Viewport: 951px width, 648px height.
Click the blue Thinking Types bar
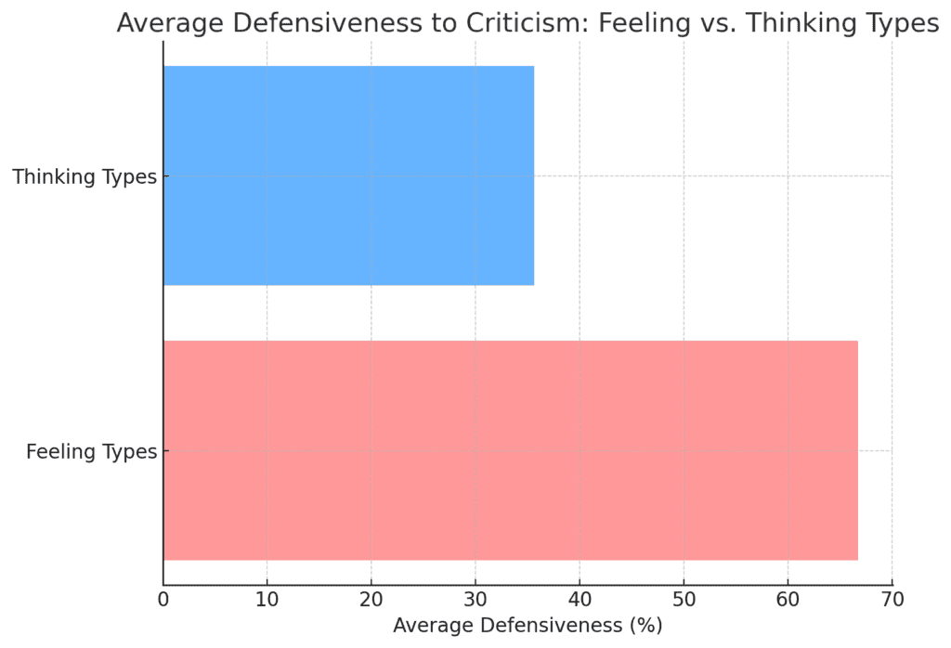tap(348, 175)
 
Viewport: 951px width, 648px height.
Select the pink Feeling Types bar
tap(510, 450)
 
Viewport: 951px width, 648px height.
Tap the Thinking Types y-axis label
tap(85, 176)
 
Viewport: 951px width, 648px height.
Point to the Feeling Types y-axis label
tap(91, 452)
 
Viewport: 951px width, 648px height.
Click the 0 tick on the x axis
tap(163, 600)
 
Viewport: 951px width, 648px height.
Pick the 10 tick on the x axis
tap(267, 600)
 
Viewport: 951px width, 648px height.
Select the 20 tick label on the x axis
tap(371, 600)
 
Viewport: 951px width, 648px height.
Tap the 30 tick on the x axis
tap(475, 600)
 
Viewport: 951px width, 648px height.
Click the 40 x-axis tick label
tap(580, 600)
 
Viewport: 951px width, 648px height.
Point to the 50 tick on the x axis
tap(684, 600)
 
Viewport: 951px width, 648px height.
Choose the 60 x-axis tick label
tap(788, 600)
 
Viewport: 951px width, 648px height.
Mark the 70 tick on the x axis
tap(892, 600)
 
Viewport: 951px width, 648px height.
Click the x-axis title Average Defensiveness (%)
tap(528, 626)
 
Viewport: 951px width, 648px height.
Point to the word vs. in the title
tap(713, 23)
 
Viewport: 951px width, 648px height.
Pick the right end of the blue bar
tap(533, 175)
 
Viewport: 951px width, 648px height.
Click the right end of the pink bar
tap(856, 450)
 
